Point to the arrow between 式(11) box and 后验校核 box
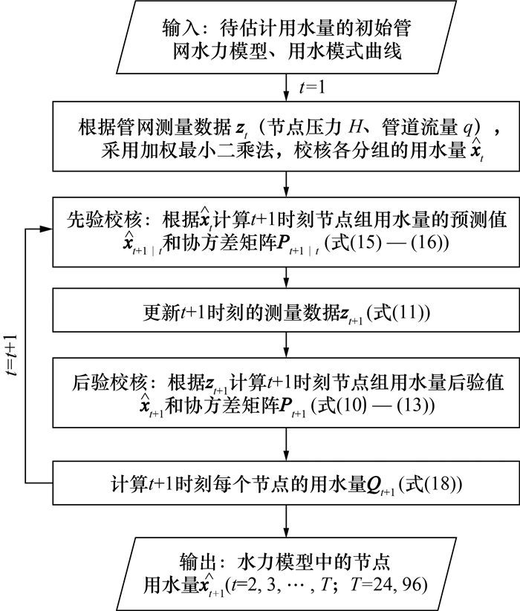click(x=286, y=344)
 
